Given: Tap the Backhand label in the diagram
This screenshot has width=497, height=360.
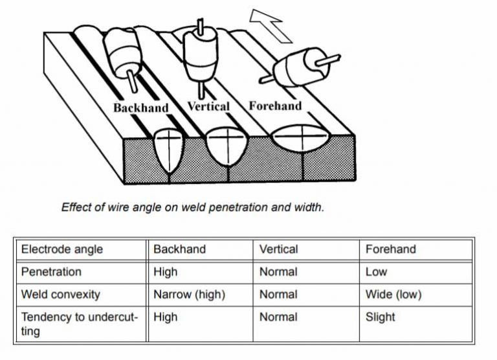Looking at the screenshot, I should pyautogui.click(x=140, y=107).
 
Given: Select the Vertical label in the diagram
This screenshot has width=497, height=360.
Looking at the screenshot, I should pyautogui.click(x=208, y=106).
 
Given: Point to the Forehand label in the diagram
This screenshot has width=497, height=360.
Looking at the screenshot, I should pyautogui.click(x=275, y=106).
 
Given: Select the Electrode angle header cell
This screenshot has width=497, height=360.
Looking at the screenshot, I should pyautogui.click(x=62, y=249).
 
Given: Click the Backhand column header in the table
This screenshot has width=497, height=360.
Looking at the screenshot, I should pyautogui.click(x=179, y=249).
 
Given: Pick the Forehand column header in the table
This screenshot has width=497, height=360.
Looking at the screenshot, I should pyautogui.click(x=390, y=249).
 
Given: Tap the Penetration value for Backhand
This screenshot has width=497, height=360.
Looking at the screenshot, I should pyautogui.click(x=166, y=272).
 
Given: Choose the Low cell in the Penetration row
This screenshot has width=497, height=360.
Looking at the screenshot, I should pyautogui.click(x=376, y=272).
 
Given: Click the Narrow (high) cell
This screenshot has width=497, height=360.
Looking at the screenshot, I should pyautogui.click(x=189, y=295).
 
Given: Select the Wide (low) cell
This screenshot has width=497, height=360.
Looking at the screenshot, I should pyautogui.click(x=393, y=295).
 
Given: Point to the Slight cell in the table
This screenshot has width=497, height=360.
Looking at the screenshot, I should pyautogui.click(x=380, y=317).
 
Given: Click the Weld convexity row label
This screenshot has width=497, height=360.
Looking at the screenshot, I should pyautogui.click(x=61, y=295).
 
